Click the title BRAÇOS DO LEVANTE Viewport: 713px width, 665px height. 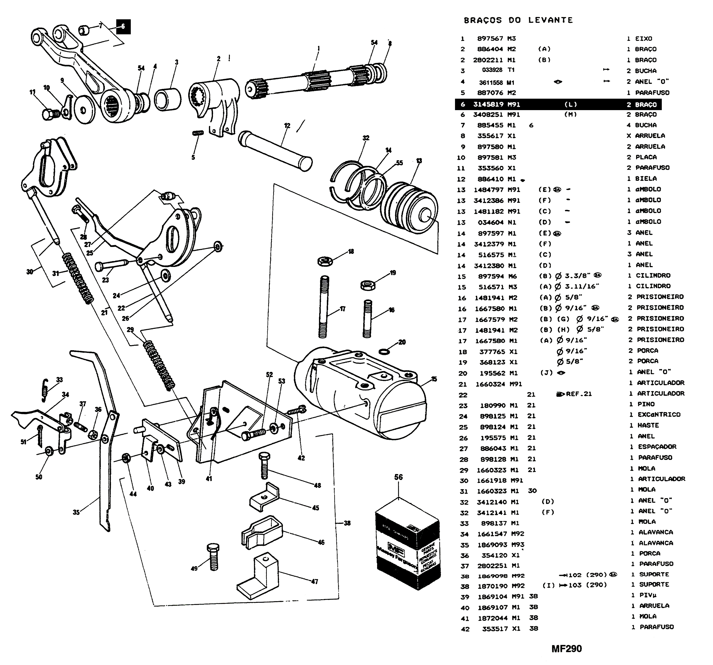click(518, 20)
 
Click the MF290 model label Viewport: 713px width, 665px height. click(567, 649)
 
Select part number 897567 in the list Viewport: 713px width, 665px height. click(490, 38)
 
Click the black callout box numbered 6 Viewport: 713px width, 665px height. click(123, 26)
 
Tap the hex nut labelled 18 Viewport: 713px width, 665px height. click(325, 261)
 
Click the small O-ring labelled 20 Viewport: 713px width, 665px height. click(384, 351)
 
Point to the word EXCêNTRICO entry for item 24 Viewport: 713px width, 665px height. click(659, 414)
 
